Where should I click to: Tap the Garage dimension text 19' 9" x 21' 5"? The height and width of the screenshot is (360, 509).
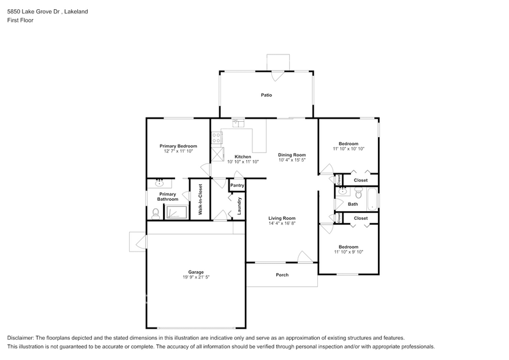pyautogui.click(x=196, y=277)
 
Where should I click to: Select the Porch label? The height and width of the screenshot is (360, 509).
pyautogui.click(x=282, y=275)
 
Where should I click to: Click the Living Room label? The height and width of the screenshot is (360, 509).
pyautogui.click(x=282, y=219)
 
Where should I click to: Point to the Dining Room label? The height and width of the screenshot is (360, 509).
pyautogui.click(x=292, y=155)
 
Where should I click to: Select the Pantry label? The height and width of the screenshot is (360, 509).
pyautogui.click(x=237, y=186)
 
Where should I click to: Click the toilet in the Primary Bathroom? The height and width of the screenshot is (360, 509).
pyautogui.click(x=156, y=213)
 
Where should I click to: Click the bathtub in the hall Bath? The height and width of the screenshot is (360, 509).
pyautogui.click(x=372, y=200)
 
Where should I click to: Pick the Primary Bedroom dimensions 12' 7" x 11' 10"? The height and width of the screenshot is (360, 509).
pyautogui.click(x=178, y=151)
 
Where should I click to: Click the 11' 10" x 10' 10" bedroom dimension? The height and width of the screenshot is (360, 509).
pyautogui.click(x=349, y=149)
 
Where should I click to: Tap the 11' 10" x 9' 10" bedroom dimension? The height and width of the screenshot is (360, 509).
pyautogui.click(x=349, y=252)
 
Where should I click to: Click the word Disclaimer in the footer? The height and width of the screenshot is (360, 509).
pyautogui.click(x=21, y=338)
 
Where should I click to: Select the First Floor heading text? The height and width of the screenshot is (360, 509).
pyautogui.click(x=20, y=20)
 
